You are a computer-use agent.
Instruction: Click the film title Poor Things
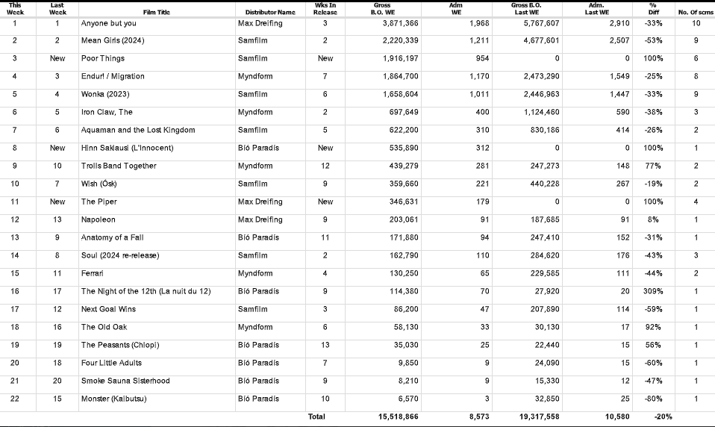(x=103, y=58)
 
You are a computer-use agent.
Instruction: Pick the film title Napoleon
(x=99, y=219)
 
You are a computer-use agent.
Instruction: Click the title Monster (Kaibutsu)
(x=113, y=399)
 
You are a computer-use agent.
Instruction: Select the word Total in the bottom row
(x=316, y=417)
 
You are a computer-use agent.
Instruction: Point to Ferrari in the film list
(x=93, y=273)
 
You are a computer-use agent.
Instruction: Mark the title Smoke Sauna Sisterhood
(x=125, y=381)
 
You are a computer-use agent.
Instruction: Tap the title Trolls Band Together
(x=119, y=166)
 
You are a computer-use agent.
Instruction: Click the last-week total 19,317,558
(x=534, y=417)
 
